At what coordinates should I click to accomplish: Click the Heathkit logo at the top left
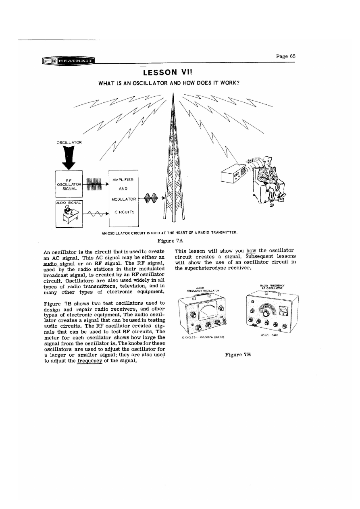71,61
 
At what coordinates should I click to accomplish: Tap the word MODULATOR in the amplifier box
124,199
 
